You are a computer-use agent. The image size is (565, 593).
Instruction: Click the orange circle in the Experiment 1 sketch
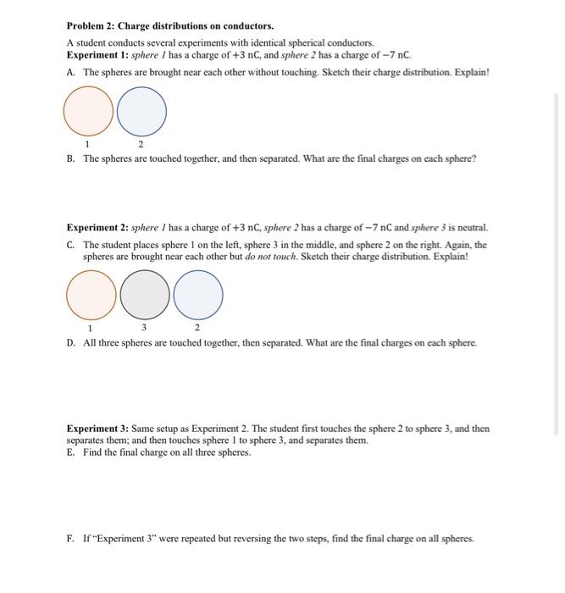click(x=88, y=114)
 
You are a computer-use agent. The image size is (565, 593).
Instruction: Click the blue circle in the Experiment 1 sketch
click(x=141, y=114)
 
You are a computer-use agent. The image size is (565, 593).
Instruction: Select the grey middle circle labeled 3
click(x=145, y=295)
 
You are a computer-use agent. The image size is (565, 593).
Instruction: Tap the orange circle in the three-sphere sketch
click(x=91, y=295)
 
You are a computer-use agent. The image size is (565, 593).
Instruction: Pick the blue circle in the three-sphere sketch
click(x=198, y=295)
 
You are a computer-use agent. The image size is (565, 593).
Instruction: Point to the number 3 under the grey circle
click(x=144, y=327)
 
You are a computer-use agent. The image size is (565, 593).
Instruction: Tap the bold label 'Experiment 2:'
click(x=97, y=227)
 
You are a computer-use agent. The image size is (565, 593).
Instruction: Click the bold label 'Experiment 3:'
click(x=97, y=429)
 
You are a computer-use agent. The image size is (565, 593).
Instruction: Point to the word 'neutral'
click(x=471, y=227)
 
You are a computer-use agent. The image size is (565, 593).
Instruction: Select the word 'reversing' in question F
click(x=250, y=539)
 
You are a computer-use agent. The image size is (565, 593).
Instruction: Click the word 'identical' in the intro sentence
click(x=259, y=42)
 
